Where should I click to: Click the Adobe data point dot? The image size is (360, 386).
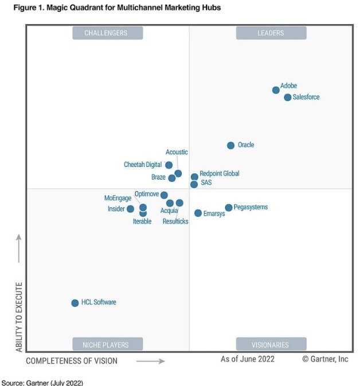pos(276,90)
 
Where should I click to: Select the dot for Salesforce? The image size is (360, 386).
pos(288,98)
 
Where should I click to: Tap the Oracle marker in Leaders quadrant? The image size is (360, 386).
pos(230,146)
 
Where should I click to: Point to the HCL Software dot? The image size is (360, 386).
pos(75,303)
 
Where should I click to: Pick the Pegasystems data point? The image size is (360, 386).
pos(229,208)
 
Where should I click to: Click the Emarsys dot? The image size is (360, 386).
pos(198,213)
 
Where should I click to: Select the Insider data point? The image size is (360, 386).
pos(131,209)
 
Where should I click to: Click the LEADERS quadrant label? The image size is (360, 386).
pos(271,33)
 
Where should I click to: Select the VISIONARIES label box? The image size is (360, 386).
pos(271,345)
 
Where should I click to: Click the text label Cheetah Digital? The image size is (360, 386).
pos(143,165)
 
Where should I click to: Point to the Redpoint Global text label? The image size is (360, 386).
pos(220,173)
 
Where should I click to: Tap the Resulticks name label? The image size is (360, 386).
pos(175,221)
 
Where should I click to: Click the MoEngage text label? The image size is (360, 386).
pos(118,198)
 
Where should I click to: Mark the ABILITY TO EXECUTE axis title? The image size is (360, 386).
pos(19,317)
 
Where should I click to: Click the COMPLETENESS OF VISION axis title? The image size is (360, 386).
pos(72,361)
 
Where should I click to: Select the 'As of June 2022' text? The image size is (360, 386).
pos(248,359)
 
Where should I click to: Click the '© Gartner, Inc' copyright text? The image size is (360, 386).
pos(325,359)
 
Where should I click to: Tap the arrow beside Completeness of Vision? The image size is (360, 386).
pos(151,361)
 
